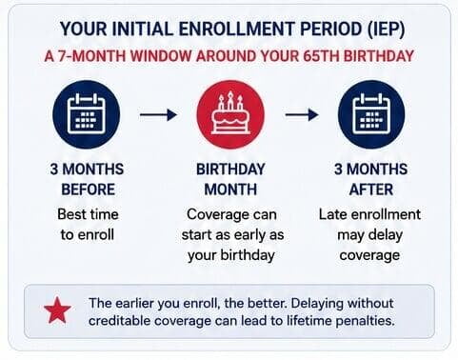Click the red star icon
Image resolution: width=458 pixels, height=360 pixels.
tap(57, 310)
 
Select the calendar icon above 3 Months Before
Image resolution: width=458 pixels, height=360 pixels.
tap(87, 114)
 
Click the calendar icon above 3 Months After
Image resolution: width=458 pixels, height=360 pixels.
tap(371, 114)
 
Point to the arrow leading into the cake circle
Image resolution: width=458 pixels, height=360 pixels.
tap(158, 114)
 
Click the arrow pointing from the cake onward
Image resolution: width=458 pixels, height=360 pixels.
tap(302, 114)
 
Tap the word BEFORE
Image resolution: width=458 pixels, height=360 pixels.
tap(88, 190)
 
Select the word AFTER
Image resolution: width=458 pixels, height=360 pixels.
tap(371, 190)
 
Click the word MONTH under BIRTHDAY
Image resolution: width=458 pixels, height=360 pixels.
tap(230, 190)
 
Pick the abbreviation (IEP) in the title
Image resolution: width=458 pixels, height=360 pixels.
tap(386, 30)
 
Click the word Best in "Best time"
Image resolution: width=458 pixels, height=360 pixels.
tap(70, 214)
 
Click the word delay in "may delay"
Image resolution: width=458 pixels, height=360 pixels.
tap(385, 236)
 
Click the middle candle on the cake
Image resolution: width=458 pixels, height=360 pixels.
tap(230, 100)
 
